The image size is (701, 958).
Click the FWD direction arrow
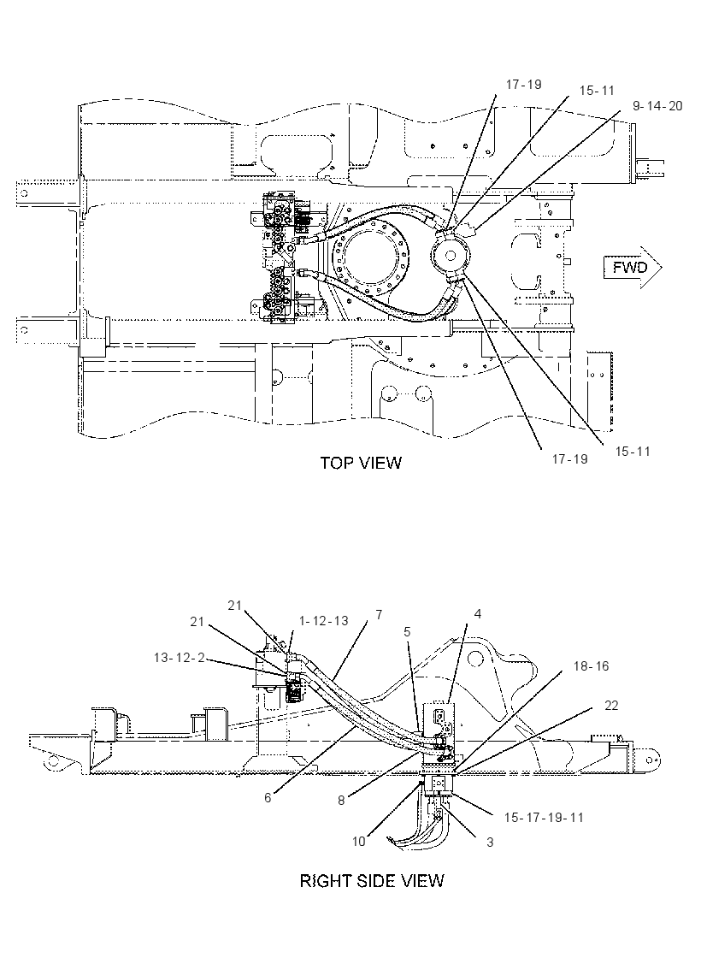pos(632,268)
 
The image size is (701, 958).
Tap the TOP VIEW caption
pos(361,463)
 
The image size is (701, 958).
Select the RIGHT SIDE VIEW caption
pos(372,880)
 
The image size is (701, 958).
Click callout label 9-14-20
pos(657,106)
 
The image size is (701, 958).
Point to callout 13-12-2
pos(179,657)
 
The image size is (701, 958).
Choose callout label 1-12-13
pos(324,621)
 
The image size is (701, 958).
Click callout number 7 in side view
pos(379,615)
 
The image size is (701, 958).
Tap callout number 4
pos(478,613)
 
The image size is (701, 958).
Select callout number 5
pos(407,630)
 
